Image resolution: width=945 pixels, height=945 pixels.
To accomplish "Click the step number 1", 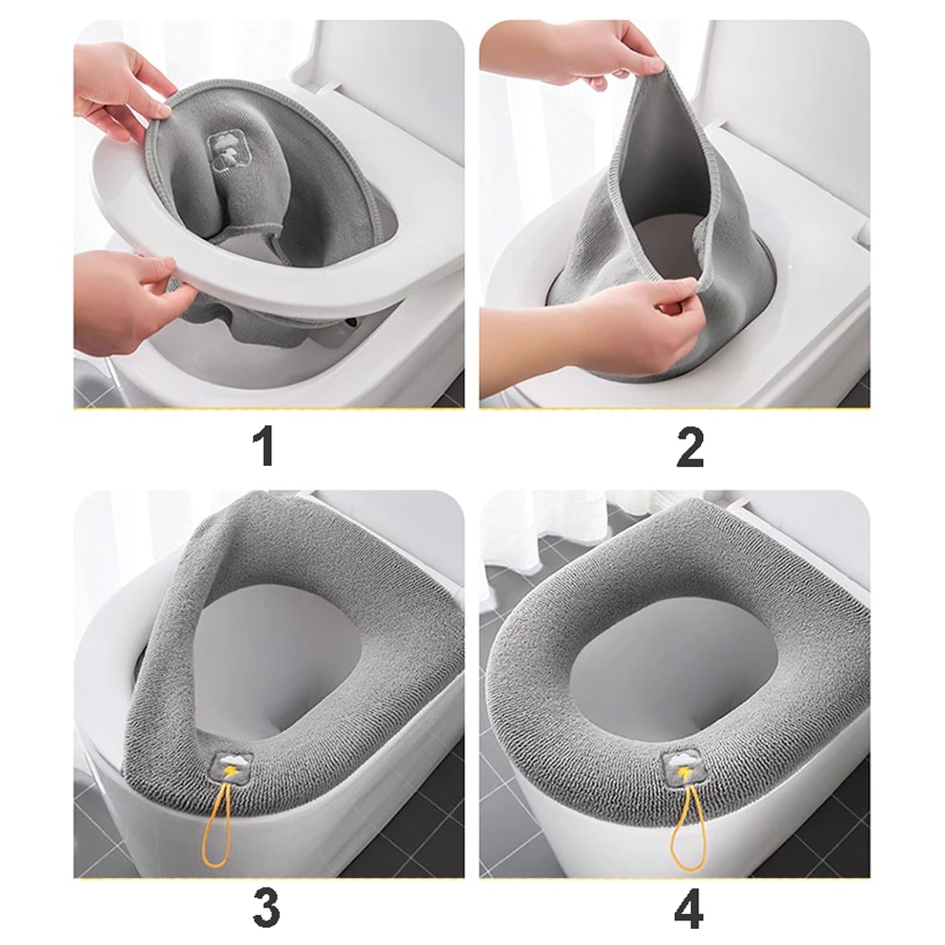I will click(x=266, y=447).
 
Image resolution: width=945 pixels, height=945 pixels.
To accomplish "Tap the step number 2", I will click(x=690, y=447).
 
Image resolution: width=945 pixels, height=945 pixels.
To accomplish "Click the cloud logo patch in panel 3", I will click(x=232, y=762).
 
